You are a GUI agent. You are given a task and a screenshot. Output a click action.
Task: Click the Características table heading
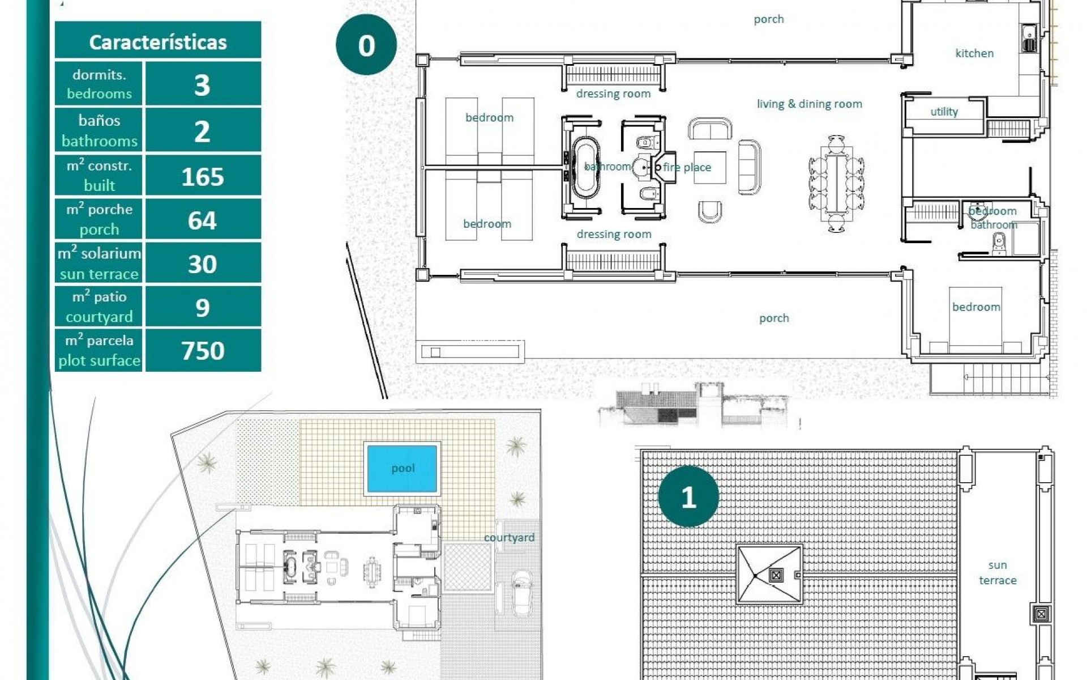[x=158, y=42]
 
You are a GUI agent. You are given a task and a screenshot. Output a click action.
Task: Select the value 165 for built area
[x=203, y=177]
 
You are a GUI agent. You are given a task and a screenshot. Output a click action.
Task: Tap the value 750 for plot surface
[x=203, y=351]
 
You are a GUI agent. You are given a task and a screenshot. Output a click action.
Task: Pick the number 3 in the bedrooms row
[x=202, y=85]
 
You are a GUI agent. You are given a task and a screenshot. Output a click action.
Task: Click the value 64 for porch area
[x=202, y=220]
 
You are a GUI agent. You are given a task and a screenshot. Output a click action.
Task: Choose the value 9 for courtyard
[x=202, y=308]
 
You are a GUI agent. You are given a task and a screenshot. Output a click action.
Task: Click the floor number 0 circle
[x=366, y=45]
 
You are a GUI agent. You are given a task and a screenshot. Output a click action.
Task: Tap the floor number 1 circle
[x=688, y=498]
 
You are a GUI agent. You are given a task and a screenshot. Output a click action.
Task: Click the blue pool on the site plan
[x=403, y=468]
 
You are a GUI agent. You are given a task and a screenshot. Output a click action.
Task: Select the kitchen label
[x=974, y=53]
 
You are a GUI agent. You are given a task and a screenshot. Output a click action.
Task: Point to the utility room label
[x=944, y=112]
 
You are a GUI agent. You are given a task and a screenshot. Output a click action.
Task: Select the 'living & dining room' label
[x=809, y=104]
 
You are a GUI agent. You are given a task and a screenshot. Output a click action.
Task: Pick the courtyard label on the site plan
[x=509, y=537]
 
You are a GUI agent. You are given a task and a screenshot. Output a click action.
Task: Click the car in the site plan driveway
[x=521, y=592]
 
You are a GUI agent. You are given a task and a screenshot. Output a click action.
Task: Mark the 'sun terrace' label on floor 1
[x=998, y=572]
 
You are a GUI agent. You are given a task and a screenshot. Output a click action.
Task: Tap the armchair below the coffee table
[x=710, y=211]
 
